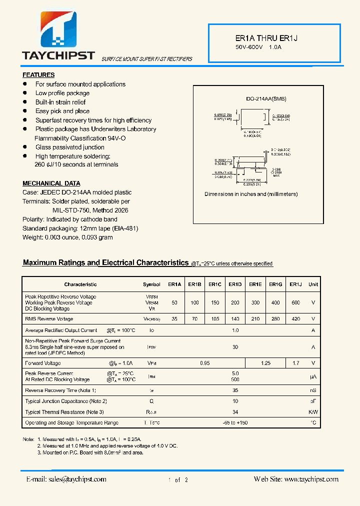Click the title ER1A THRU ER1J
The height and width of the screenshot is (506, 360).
259,38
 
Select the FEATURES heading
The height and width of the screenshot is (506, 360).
38,75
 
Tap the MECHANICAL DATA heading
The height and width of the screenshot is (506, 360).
51,183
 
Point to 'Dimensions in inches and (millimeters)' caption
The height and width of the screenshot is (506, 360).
251,194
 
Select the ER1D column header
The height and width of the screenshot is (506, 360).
235,284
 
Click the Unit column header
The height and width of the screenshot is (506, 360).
313,284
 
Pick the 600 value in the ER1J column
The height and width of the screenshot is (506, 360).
295,302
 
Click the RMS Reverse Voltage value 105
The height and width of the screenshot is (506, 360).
214,318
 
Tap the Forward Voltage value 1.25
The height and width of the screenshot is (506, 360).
265,363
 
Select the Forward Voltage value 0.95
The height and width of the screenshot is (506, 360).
204,363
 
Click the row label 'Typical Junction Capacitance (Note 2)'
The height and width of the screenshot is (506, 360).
66,401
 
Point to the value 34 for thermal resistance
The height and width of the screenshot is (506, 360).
235,412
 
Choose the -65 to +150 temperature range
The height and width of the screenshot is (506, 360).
235,423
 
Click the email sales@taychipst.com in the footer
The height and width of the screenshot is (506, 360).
66,479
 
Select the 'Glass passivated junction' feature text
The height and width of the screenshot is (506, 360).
69,147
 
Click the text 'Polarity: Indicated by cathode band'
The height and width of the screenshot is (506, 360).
70,219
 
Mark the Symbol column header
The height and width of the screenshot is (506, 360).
151,284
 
